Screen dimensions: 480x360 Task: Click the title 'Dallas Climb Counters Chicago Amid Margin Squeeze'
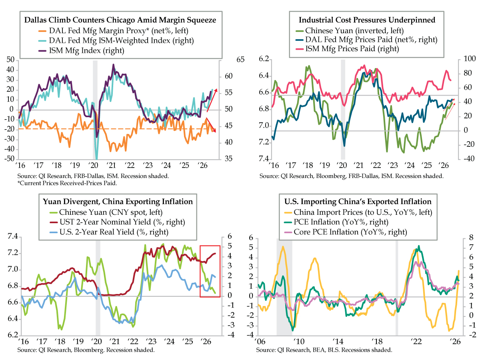120,20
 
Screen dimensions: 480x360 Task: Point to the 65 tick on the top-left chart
240,60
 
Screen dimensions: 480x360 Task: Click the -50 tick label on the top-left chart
10,158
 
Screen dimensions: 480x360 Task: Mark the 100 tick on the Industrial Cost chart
470,58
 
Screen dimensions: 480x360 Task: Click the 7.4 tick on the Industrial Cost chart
264,158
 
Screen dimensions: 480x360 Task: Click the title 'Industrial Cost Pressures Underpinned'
367,20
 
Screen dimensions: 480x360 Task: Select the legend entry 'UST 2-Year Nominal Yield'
105,222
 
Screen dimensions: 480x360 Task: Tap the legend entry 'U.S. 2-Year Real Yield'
97,232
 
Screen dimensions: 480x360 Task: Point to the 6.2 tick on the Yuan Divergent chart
13,335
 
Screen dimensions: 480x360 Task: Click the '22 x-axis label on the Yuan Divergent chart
133,341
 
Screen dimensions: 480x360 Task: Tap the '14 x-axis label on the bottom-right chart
338,341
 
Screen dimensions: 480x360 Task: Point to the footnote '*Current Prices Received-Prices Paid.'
67,183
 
